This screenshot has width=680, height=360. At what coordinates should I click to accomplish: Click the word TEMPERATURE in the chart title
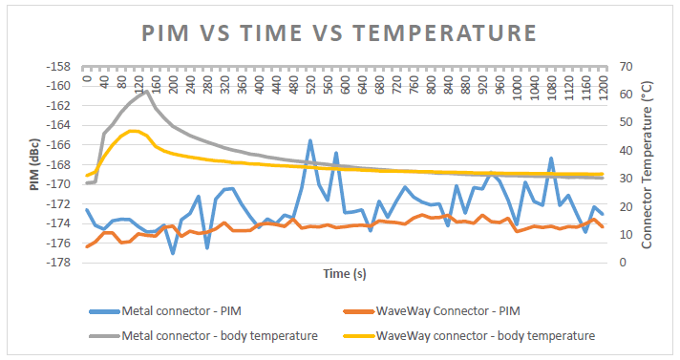click(x=445, y=32)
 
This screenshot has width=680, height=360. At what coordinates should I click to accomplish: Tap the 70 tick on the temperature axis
click(x=626, y=66)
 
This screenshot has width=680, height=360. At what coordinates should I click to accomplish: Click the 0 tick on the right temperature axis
click(x=622, y=263)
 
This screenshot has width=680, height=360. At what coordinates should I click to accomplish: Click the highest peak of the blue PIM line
click(x=310, y=140)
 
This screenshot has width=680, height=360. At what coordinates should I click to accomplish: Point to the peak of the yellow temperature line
click(x=132, y=131)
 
